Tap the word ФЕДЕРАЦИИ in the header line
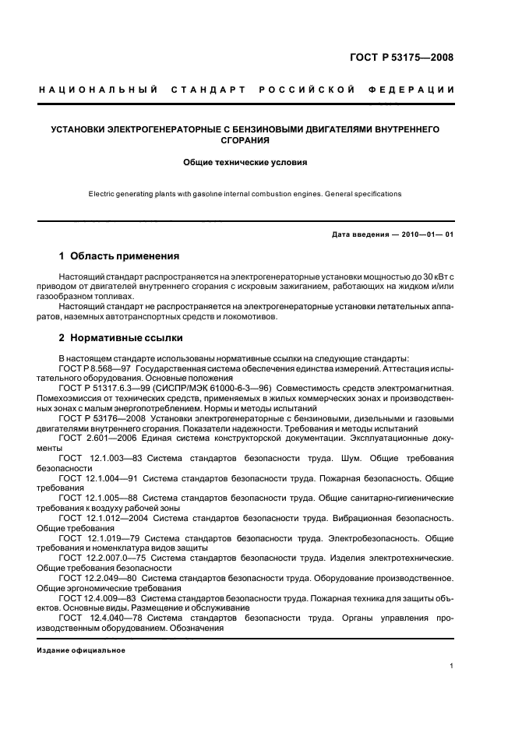click(418, 90)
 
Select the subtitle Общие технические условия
click(245, 164)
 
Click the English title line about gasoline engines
click(245, 193)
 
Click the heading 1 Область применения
click(119, 256)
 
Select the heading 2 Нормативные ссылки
click(121, 339)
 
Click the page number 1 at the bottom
click(452, 667)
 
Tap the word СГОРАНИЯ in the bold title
click(245, 141)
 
